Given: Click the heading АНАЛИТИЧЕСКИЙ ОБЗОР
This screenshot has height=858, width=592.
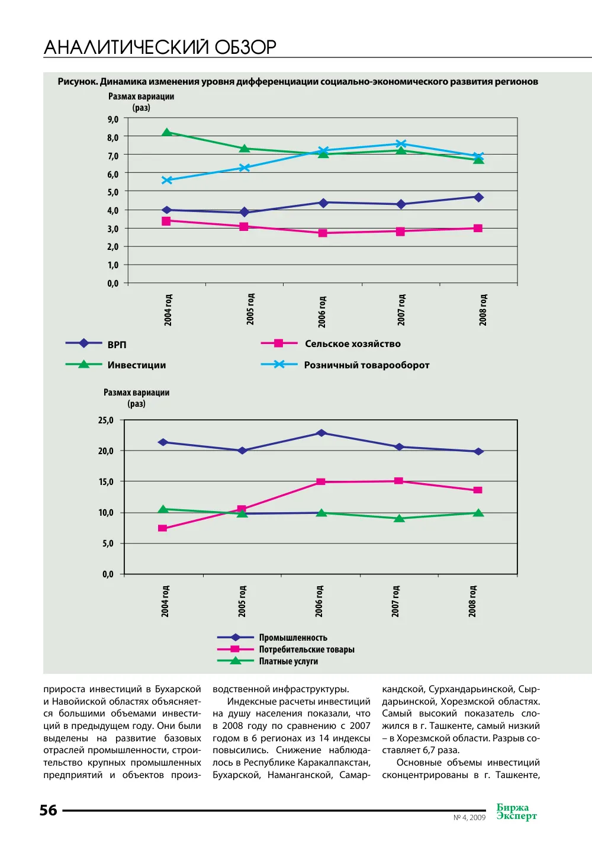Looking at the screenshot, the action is click(x=160, y=47).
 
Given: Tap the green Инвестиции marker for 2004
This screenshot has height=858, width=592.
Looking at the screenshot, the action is click(x=166, y=133).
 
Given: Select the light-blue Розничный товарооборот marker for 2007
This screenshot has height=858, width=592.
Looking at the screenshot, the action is click(x=401, y=144).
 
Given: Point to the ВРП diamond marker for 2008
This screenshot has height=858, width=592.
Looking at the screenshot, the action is click(x=478, y=197).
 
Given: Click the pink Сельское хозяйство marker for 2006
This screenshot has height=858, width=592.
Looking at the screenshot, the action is click(x=323, y=233).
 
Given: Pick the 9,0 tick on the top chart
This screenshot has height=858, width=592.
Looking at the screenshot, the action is click(x=113, y=119).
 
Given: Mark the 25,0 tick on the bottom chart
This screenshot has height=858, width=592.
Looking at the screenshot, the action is click(x=106, y=420).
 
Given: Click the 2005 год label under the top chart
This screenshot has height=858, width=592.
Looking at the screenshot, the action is click(x=250, y=309).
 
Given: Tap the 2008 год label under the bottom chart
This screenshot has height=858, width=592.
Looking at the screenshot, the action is click(x=472, y=601).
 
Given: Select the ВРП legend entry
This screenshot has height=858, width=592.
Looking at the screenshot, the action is click(x=96, y=344).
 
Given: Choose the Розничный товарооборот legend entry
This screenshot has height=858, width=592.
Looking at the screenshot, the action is click(x=345, y=365).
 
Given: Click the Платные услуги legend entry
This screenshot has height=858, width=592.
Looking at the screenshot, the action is click(x=268, y=661).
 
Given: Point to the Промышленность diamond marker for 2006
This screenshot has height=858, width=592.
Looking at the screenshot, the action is click(x=321, y=433).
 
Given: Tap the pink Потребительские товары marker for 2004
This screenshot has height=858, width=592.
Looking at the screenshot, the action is click(x=162, y=528).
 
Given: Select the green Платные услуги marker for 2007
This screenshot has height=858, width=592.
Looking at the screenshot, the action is click(x=399, y=518).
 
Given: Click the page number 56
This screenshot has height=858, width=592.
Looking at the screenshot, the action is click(x=49, y=810).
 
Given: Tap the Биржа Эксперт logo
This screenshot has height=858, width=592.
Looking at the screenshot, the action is click(x=517, y=812).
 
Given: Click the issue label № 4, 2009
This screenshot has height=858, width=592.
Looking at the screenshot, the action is click(x=469, y=817).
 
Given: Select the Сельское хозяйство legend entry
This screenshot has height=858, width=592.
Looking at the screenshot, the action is click(x=331, y=343).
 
